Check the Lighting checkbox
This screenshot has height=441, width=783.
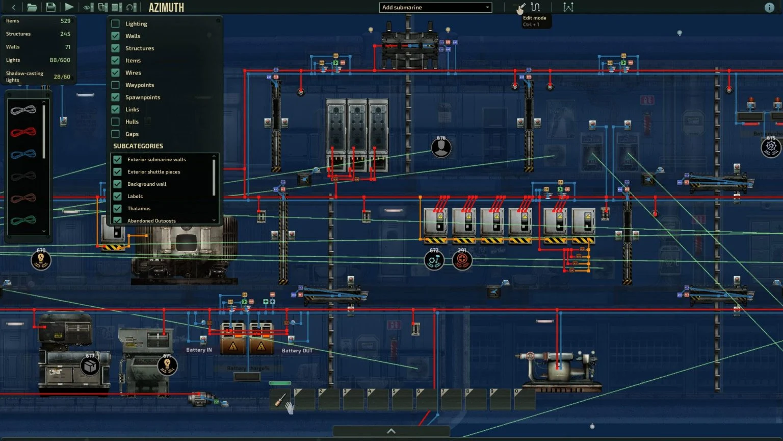pos(116,23)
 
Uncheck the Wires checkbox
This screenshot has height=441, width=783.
pos(116,72)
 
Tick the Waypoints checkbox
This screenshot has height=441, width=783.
pos(116,85)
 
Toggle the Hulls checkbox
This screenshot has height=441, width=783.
pos(116,121)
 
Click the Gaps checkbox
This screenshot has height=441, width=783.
pos(116,134)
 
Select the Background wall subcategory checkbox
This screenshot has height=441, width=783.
pos(118,184)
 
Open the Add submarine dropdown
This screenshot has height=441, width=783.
pos(435,8)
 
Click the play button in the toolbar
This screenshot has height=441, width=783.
pos(69,7)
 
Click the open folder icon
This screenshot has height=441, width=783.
pos(32,7)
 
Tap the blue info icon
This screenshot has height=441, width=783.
pos(769,8)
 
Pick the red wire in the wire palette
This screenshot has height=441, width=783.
pos(23,132)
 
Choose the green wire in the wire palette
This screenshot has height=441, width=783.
pos(23,220)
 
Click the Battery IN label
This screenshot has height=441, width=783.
pos(199,350)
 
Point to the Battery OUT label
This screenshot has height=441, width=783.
pos(297,351)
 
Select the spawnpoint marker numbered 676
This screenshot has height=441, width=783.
pos(441,148)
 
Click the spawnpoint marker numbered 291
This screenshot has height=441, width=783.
pos(462,260)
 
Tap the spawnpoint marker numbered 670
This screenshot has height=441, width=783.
pos(41,260)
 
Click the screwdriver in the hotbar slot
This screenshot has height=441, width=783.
pos(280,400)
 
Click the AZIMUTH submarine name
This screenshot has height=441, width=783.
pos(166,8)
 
